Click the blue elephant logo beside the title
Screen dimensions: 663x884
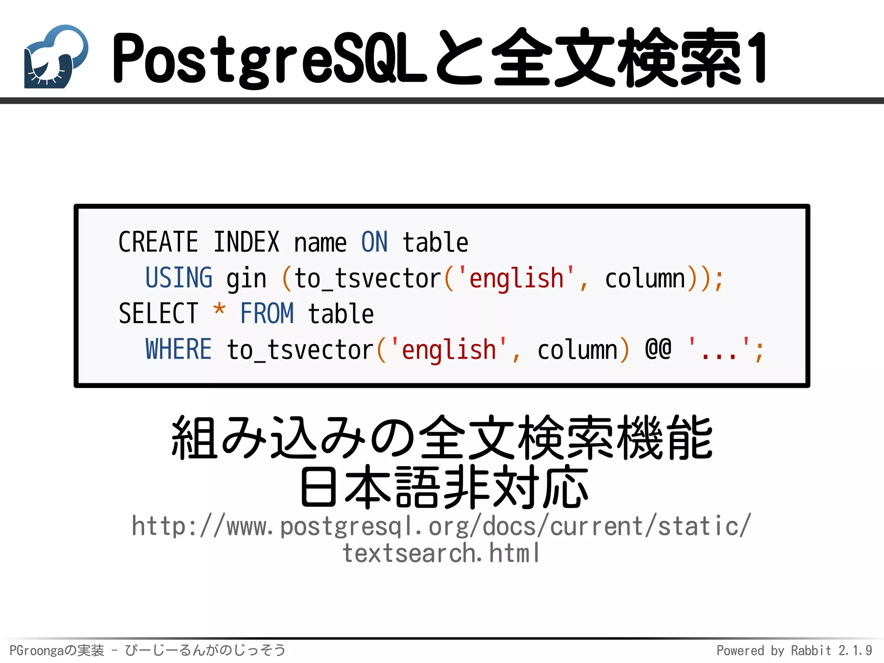[x=56, y=57]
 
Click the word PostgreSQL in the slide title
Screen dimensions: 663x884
[x=270, y=58]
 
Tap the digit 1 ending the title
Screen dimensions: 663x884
[x=756, y=58]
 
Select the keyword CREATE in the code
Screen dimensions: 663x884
[x=158, y=242]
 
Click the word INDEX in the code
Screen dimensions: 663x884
[x=246, y=242]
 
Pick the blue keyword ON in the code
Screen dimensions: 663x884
[x=374, y=242]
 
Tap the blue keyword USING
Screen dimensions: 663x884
[x=179, y=278]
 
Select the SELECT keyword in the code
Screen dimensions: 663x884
[x=158, y=314]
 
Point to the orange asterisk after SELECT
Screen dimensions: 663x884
[x=219, y=310]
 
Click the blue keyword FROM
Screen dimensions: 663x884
[x=267, y=314]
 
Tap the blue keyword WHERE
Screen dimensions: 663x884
[x=179, y=349]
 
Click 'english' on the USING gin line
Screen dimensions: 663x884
[x=516, y=278]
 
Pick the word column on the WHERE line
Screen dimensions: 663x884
[x=578, y=350]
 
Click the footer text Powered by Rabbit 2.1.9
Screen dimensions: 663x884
[x=794, y=650]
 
